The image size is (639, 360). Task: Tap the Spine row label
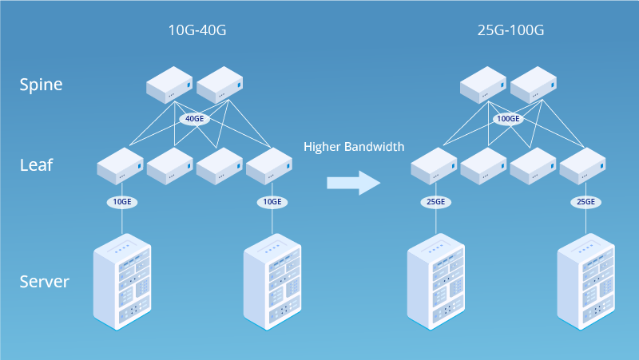[x=41, y=84]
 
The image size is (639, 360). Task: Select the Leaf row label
[x=36, y=165]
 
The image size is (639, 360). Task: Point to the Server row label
[x=44, y=281]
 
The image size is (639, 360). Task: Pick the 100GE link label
[x=508, y=119]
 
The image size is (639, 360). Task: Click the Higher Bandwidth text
[x=354, y=147]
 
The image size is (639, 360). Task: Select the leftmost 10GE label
[x=121, y=202]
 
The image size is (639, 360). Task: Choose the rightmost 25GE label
[x=585, y=202]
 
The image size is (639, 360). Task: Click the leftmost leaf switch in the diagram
[x=121, y=166]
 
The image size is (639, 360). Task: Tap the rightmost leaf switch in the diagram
[x=583, y=166]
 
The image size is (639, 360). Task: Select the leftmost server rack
[x=122, y=281]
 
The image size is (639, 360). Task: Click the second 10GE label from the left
[x=272, y=202]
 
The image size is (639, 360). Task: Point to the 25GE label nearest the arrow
[x=435, y=202]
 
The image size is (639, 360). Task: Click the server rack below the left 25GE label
[x=436, y=281]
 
